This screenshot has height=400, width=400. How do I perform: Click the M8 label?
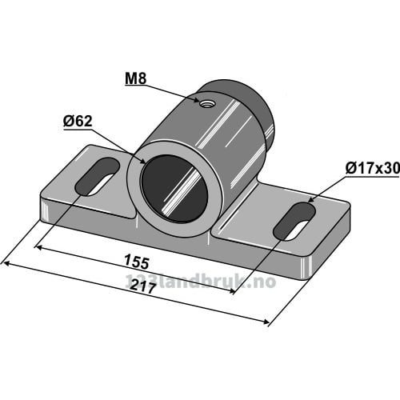(x=136, y=80)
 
